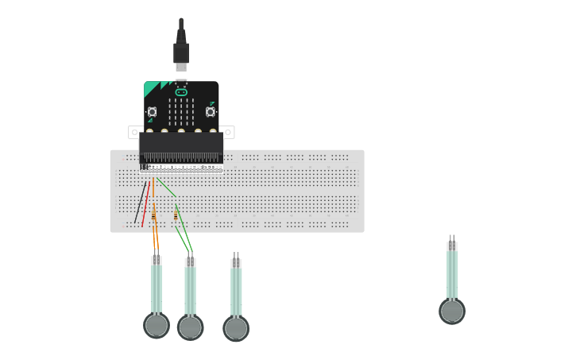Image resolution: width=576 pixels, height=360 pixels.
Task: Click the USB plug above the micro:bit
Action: coord(181,51)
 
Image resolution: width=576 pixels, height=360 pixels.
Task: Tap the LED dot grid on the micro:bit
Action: coord(181,112)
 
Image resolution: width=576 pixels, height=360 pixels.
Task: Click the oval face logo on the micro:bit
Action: coord(181,92)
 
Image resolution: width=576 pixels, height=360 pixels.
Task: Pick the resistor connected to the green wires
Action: coord(176,215)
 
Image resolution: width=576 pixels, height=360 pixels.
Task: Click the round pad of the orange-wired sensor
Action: coord(157,325)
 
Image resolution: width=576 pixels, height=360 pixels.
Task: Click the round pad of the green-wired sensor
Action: coord(190,327)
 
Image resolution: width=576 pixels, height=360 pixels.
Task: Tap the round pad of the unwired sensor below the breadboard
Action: coord(236,328)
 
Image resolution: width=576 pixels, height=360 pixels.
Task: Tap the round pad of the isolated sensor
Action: coord(452,311)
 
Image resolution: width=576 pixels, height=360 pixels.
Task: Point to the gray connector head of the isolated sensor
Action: coord(452,246)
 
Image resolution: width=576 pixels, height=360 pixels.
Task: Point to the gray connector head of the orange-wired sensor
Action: coord(157,260)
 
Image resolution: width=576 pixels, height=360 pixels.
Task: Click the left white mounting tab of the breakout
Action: coord(135,131)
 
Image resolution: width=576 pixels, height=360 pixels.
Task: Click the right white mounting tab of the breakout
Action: coord(228,131)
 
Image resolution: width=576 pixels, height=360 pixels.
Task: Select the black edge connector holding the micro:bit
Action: coord(181,148)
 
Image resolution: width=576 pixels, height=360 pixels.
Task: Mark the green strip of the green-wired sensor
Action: coord(191,291)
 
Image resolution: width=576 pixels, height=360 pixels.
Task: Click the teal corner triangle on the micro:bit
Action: coord(151,88)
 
